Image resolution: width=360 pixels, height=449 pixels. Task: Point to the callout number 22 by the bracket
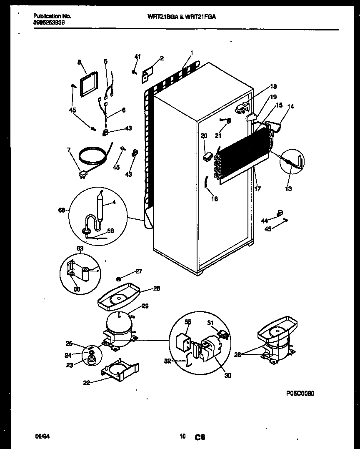click(86, 383)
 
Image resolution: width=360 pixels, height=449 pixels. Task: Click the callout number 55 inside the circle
click(188, 322)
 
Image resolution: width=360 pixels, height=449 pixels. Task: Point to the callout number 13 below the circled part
click(288, 188)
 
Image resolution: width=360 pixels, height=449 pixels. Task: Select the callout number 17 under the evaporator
click(257, 189)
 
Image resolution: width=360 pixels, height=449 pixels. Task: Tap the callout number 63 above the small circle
click(80, 248)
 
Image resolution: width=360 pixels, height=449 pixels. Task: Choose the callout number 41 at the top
click(137, 57)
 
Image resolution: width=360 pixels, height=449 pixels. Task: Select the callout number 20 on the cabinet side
click(204, 135)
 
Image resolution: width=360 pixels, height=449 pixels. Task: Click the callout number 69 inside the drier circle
click(110, 230)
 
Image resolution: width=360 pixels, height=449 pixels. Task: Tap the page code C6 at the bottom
click(200, 437)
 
